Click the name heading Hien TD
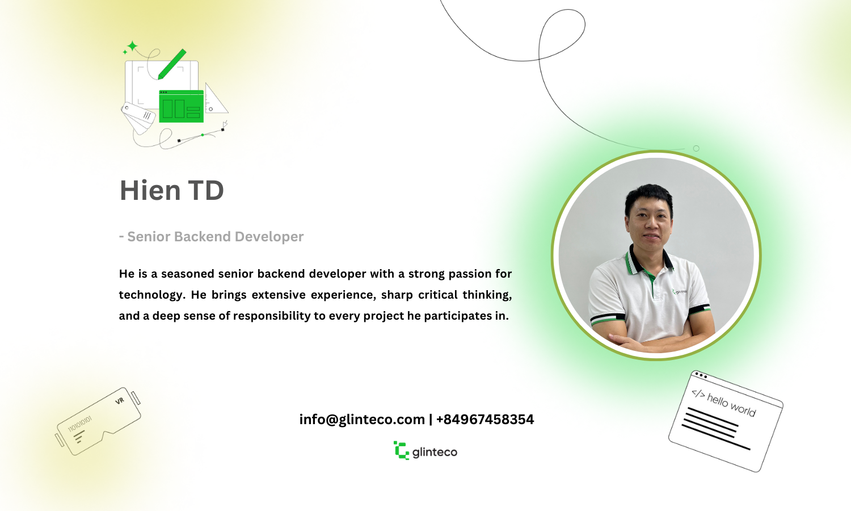[172, 190]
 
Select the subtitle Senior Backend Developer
[216, 237]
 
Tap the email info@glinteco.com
[362, 420]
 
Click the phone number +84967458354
[485, 420]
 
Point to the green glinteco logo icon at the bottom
[401, 451]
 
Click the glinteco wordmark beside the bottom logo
[435, 452]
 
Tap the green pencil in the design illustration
[172, 64]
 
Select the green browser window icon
[181, 106]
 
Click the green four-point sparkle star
[132, 46]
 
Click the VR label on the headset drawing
[120, 401]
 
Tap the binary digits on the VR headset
[80, 424]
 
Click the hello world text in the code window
[731, 405]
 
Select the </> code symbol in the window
[698, 394]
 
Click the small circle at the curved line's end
[696, 148]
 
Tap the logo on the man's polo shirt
[679, 292]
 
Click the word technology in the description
[152, 295]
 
